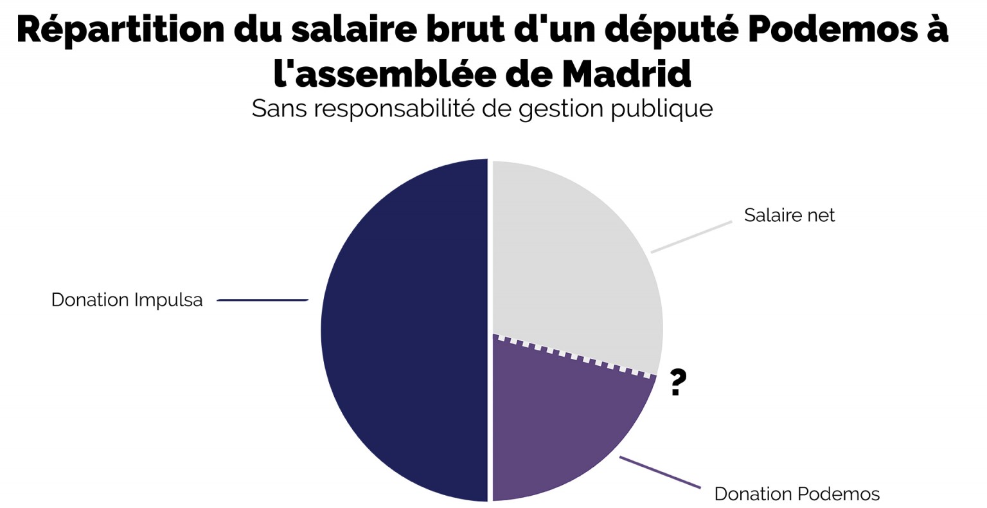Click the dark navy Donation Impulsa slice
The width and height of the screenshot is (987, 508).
point(405,330)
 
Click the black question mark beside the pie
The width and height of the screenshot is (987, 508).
point(677,383)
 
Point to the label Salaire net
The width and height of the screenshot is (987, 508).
point(789,215)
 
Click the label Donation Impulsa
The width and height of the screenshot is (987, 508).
point(127,300)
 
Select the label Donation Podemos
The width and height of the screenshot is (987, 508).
point(797,494)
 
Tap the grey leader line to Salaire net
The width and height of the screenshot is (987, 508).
point(691,237)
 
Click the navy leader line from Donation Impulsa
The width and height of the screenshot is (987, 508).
point(263,300)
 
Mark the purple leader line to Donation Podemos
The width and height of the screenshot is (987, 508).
point(660,472)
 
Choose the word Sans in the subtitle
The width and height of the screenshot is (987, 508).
point(279,108)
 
